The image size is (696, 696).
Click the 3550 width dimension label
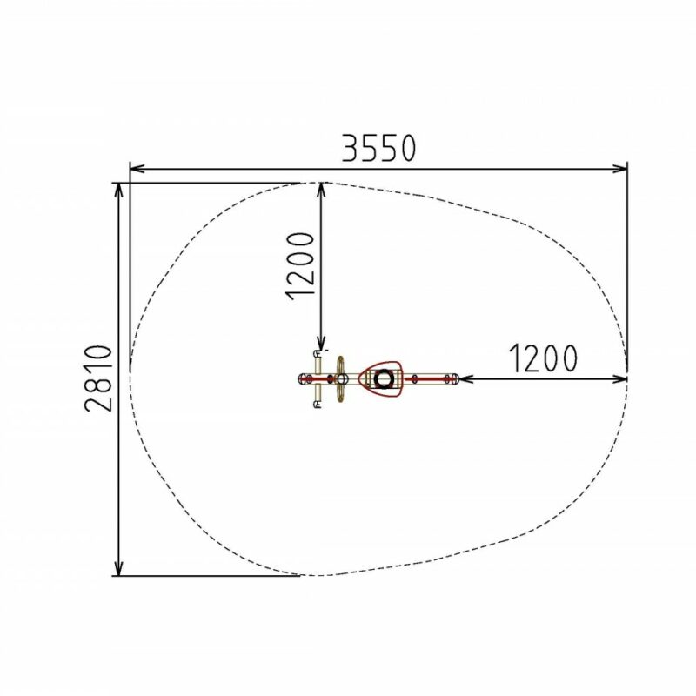click(x=378, y=148)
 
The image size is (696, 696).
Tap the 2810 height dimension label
click(x=99, y=378)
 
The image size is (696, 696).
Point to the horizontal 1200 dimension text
click(x=543, y=358)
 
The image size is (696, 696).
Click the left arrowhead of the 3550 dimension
click(x=137, y=169)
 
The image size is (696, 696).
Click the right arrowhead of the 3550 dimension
click(x=619, y=169)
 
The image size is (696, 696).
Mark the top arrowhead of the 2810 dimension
click(x=118, y=191)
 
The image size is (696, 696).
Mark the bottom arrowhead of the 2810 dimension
click(x=118, y=568)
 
